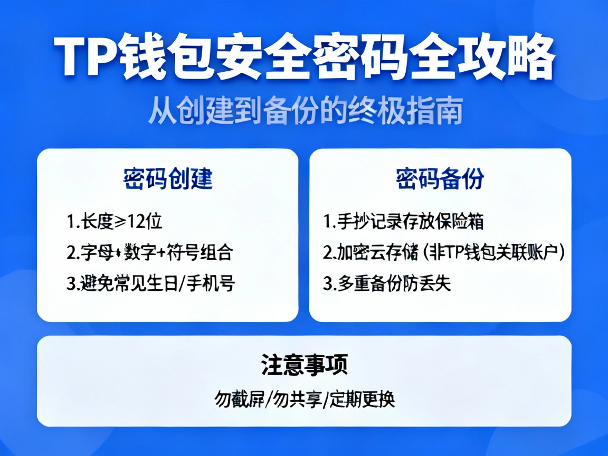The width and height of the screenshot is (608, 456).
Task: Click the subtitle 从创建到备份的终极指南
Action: (x=305, y=111)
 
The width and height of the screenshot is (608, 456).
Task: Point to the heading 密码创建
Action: (x=168, y=179)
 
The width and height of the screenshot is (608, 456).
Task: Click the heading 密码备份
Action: (x=440, y=179)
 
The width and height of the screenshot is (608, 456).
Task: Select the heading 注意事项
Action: (x=304, y=365)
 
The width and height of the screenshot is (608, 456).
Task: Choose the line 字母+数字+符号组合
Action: (x=149, y=253)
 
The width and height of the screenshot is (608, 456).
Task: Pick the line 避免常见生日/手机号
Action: (x=150, y=284)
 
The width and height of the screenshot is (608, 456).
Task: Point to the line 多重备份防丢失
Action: (x=387, y=284)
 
